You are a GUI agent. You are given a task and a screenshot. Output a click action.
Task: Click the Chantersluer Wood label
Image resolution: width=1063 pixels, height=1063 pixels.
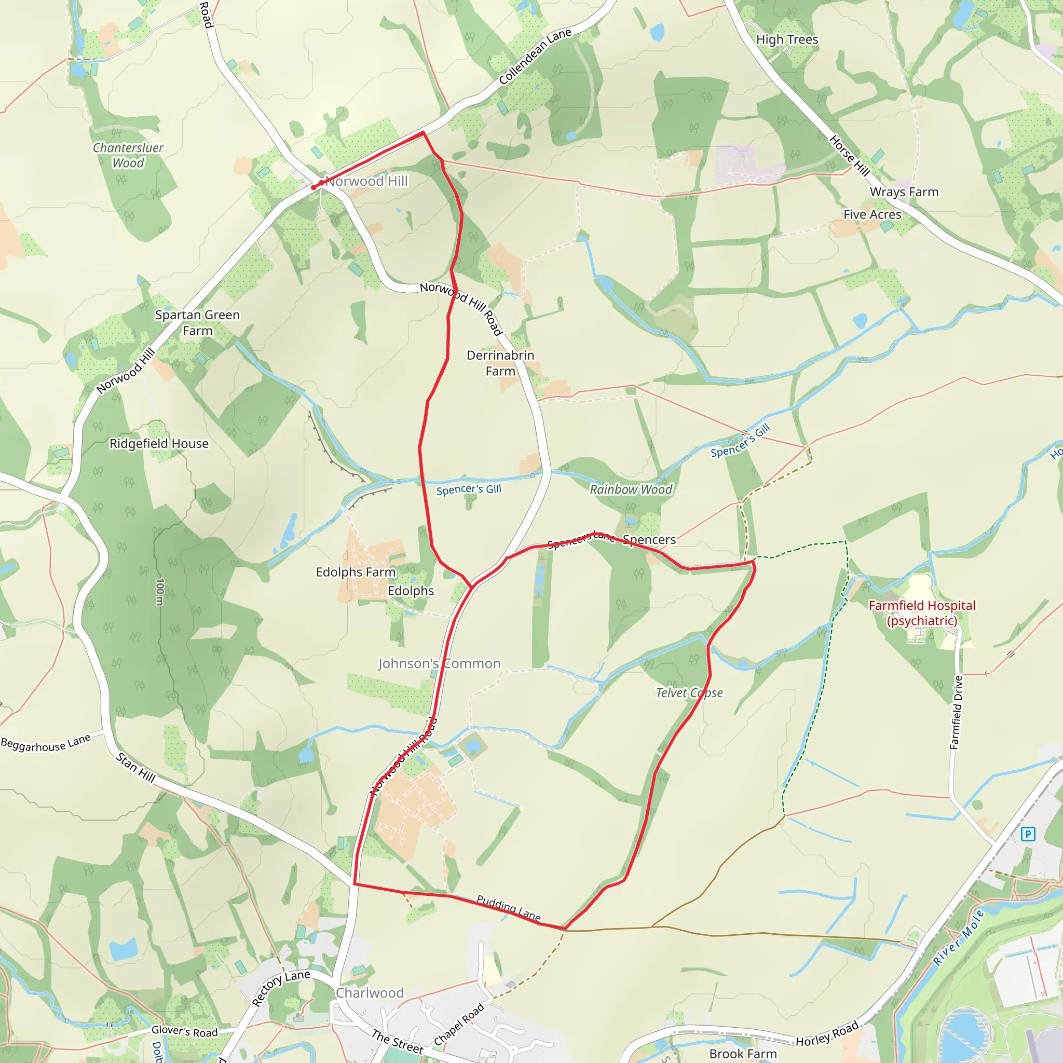click(x=128, y=155)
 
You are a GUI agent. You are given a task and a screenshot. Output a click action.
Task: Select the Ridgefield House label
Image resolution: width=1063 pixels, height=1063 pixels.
click(x=159, y=443)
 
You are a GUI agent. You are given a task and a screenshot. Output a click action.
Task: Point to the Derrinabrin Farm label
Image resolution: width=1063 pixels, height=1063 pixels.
click(x=500, y=363)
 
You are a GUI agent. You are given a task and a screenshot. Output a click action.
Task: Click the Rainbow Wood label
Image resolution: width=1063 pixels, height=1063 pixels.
click(x=631, y=489)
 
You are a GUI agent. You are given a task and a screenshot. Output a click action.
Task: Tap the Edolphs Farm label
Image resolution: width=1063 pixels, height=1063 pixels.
click(x=356, y=572)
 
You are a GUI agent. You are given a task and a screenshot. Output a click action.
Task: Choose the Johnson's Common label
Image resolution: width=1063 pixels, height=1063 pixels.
click(x=439, y=663)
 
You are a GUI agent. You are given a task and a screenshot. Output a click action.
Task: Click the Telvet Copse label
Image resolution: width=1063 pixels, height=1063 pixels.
click(x=689, y=693)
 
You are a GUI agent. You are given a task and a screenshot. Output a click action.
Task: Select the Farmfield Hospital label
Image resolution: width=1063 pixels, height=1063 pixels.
click(x=922, y=613)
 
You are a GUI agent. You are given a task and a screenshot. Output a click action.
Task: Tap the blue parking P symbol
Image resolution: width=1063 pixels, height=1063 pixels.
click(x=1027, y=834)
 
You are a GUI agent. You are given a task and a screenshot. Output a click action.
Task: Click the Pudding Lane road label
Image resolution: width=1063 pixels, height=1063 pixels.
click(x=508, y=908)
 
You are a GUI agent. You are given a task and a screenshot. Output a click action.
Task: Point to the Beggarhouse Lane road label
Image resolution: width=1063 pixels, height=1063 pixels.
click(x=46, y=743)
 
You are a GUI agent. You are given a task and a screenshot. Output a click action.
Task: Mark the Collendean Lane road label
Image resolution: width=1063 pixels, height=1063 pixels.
click(x=535, y=57)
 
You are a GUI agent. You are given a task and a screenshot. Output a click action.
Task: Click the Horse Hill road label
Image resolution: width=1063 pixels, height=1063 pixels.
click(x=850, y=156)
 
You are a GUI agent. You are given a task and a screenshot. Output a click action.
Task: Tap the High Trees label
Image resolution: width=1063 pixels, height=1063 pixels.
click(x=787, y=39)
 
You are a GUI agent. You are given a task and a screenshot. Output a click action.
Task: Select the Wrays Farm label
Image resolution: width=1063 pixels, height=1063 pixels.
click(x=904, y=192)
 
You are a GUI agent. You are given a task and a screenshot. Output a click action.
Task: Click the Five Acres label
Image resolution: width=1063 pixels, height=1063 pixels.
click(x=872, y=214)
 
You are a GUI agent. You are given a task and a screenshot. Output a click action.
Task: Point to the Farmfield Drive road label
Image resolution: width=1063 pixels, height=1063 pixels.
click(x=957, y=713)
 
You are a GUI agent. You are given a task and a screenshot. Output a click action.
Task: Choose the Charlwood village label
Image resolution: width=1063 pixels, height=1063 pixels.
click(x=370, y=993)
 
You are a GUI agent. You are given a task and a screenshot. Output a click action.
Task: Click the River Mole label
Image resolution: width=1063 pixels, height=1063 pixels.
click(x=958, y=938)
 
